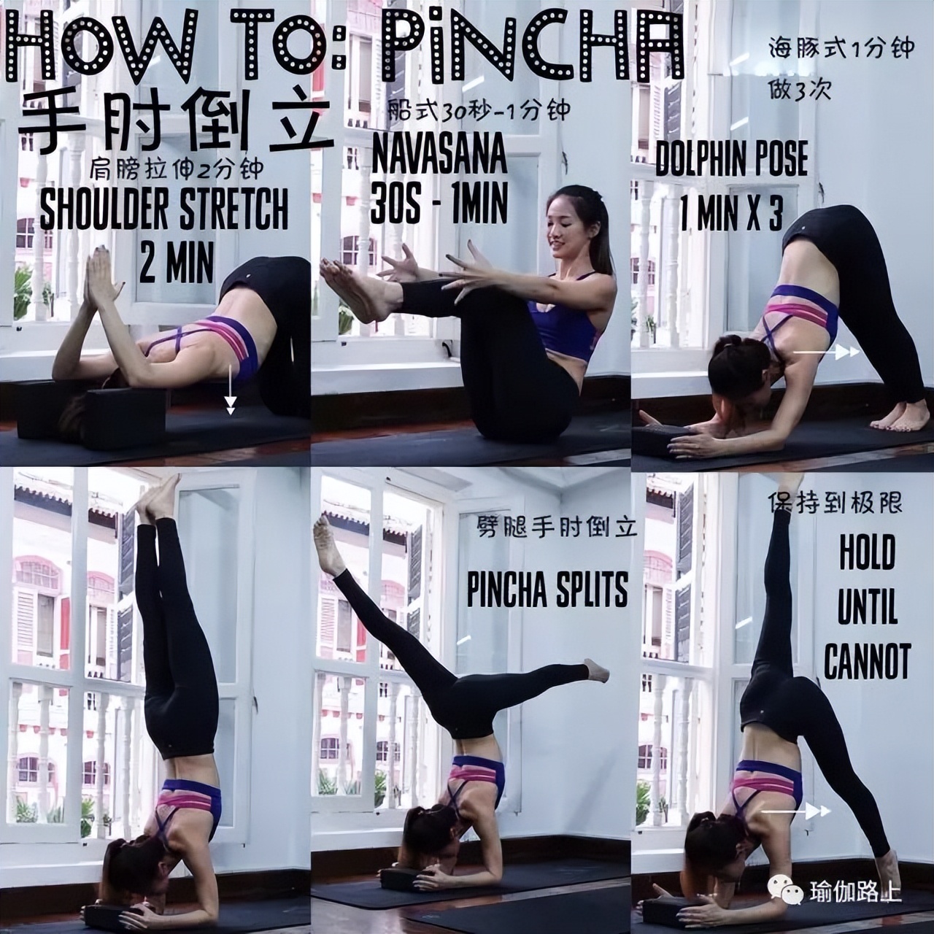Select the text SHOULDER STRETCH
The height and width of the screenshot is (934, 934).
164,209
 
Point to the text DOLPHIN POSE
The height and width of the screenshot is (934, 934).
731,158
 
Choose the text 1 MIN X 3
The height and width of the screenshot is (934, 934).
731,214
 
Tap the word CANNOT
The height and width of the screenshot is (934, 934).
868,660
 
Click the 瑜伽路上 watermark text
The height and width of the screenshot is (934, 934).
855,892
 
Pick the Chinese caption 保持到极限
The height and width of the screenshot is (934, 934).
835,503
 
